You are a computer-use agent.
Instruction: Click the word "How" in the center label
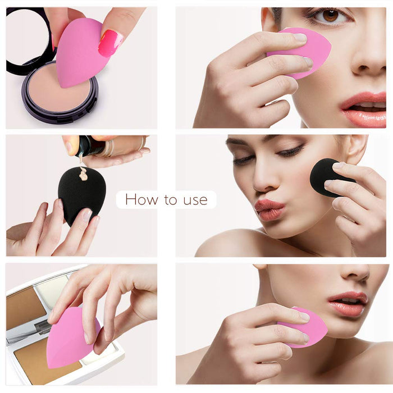click(x=141, y=199)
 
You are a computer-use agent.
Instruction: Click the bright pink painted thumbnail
click(x=110, y=43)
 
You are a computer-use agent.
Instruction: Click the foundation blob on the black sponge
click(x=84, y=174)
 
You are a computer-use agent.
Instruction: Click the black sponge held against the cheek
click(x=328, y=177)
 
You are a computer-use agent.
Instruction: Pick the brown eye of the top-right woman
click(x=330, y=16)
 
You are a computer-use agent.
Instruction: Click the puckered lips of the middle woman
click(x=269, y=209)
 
